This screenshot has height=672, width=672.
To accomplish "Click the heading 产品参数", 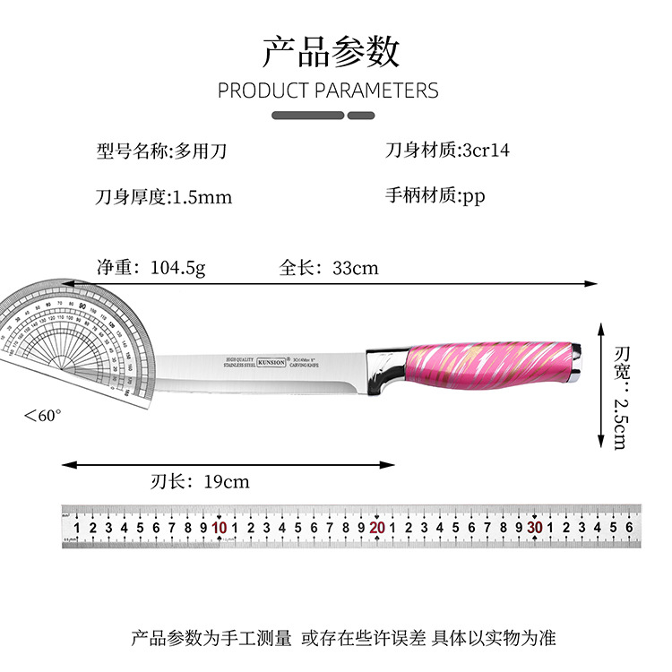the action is pyautogui.click(x=331, y=52).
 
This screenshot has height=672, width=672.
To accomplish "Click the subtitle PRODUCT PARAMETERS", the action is pyautogui.click(x=328, y=90).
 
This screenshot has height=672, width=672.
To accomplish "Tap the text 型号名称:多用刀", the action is pyautogui.click(x=161, y=151).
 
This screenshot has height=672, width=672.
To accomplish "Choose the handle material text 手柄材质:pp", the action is pyautogui.click(x=435, y=196).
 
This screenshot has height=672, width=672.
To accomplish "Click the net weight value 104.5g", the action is pyautogui.click(x=177, y=267).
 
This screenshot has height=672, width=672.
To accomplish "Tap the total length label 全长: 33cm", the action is pyautogui.click(x=329, y=267).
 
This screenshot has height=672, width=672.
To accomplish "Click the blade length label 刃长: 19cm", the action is pyautogui.click(x=200, y=482).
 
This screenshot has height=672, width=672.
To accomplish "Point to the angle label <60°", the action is pyautogui.click(x=42, y=416).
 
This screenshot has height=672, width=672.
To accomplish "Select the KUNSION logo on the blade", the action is pyautogui.click(x=271, y=362).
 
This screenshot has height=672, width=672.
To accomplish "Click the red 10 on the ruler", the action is pyautogui.click(x=220, y=528).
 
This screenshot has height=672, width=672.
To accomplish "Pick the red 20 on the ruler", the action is pyautogui.click(x=377, y=528).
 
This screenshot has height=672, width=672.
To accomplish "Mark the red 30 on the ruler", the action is pyautogui.click(x=535, y=528).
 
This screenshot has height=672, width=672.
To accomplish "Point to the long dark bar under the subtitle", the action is pyautogui.click(x=307, y=116).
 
